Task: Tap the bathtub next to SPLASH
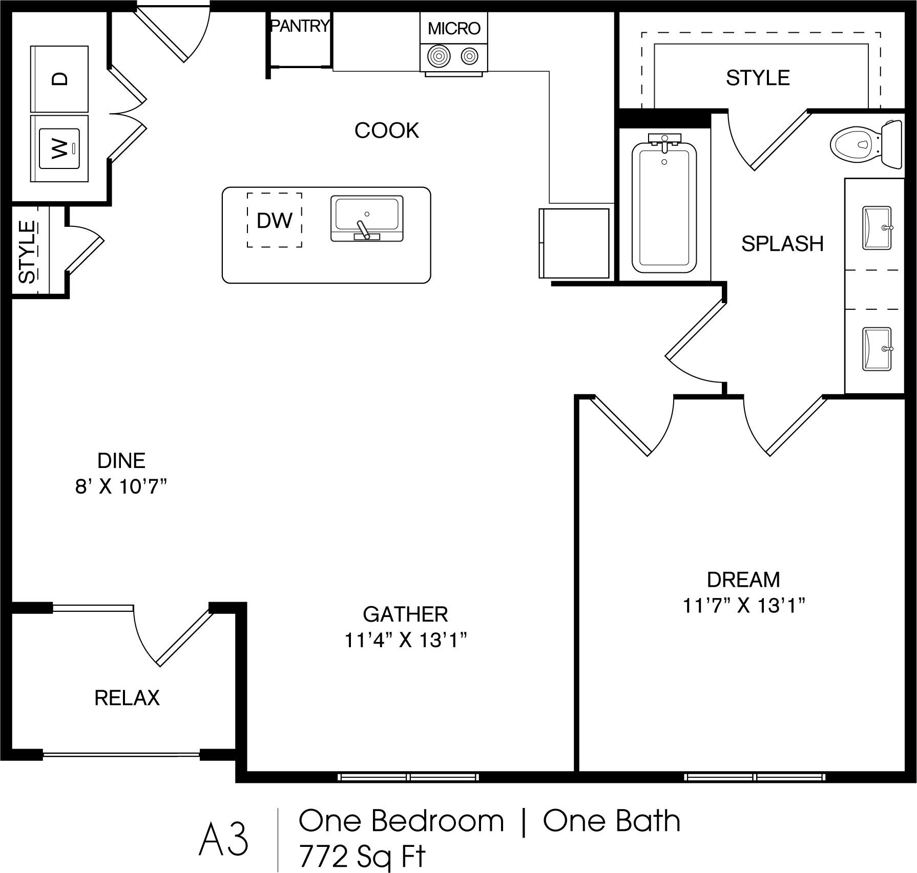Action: click(x=664, y=207)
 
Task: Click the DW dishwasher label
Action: click(x=275, y=221)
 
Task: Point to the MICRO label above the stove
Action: click(x=454, y=29)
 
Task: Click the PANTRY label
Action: click(x=300, y=26)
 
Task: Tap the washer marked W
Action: click(x=60, y=148)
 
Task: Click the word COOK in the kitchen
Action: click(x=387, y=131)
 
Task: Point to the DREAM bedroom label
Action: click(x=743, y=580)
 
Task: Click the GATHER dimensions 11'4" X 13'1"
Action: click(x=406, y=641)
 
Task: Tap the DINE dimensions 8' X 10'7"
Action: click(x=121, y=487)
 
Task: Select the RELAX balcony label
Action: click(x=127, y=698)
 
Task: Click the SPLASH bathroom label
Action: click(x=782, y=244)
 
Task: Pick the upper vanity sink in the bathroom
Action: click(x=877, y=228)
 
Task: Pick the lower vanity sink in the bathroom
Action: click(x=877, y=349)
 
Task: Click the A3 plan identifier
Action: click(x=224, y=840)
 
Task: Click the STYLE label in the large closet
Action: click(x=758, y=78)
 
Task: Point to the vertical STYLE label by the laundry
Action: click(x=27, y=251)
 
